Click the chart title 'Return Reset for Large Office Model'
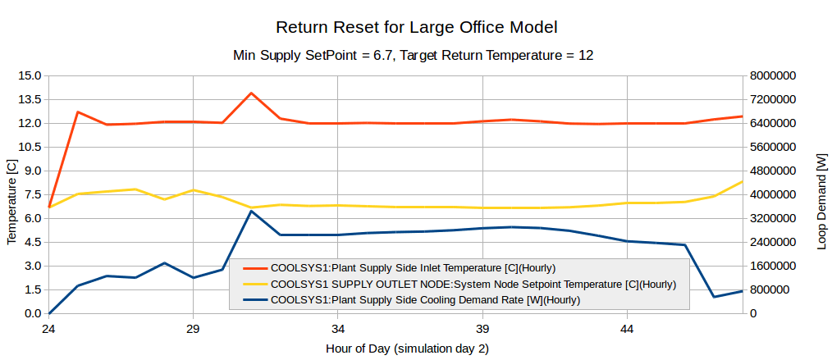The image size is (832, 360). (416, 27)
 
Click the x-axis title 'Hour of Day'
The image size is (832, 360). (407, 349)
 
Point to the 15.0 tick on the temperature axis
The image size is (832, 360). (30, 75)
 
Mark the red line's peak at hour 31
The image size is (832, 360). (251, 93)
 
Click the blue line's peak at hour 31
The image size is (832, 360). (251, 211)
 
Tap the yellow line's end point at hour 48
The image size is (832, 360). (742, 181)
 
